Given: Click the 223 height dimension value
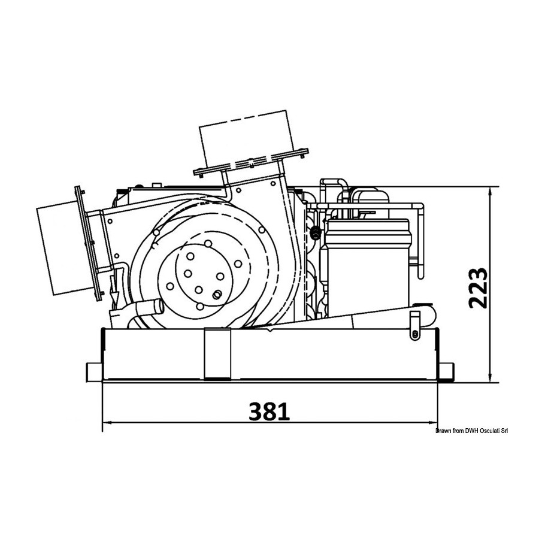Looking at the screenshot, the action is click(x=478, y=288).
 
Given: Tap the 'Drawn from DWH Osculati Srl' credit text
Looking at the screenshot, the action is click(x=472, y=431).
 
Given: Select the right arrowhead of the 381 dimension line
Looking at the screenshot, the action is click(x=432, y=423).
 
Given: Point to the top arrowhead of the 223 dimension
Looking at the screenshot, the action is click(x=490, y=192).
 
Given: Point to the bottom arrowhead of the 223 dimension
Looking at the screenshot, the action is click(x=490, y=377).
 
